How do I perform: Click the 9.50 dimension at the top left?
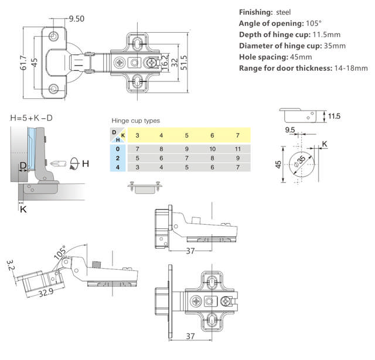(x=76, y=19)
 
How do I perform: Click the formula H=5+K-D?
(x=31, y=119)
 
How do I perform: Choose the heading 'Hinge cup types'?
(x=135, y=121)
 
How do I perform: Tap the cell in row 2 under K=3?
(x=137, y=159)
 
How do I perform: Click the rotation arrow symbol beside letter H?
(x=74, y=163)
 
